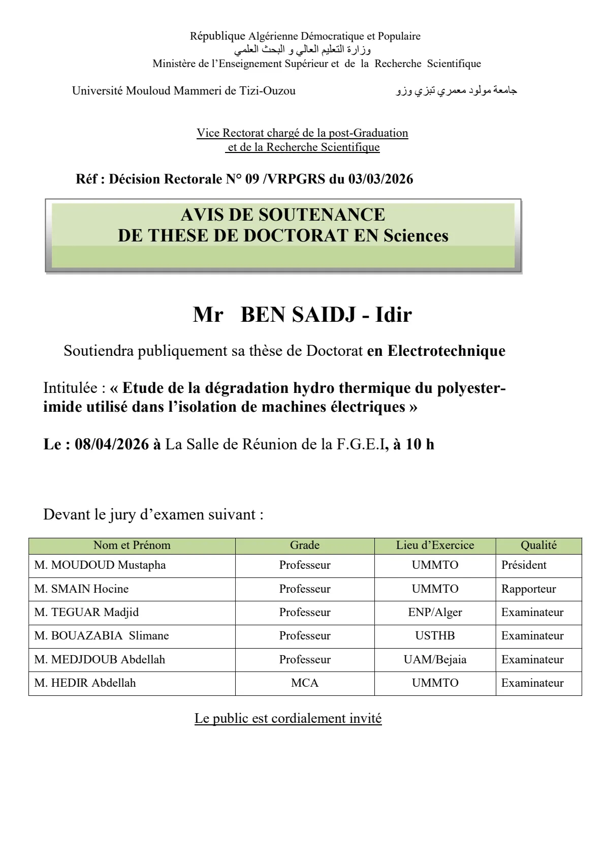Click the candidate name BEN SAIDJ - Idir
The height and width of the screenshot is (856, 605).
tap(326, 315)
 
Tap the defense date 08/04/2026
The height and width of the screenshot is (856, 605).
tap(112, 444)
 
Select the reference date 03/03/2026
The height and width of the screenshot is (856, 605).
tap(380, 179)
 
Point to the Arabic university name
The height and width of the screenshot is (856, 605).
tap(456, 90)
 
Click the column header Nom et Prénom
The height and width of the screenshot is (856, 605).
tap(132, 545)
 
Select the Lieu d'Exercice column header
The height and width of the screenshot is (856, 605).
tap(435, 545)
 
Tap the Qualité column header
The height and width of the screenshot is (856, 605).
tap(538, 545)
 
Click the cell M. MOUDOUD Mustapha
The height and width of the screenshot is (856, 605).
tap(100, 565)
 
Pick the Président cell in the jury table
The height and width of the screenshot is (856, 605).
tap(524, 565)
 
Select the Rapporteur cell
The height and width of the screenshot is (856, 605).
tap(528, 589)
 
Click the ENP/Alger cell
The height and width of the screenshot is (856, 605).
tap(435, 613)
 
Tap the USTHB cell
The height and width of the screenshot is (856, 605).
tap(435, 636)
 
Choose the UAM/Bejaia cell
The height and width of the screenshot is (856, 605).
tap(435, 660)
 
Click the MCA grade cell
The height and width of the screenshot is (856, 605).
tap(305, 683)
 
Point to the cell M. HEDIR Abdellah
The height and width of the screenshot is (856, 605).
tap(85, 683)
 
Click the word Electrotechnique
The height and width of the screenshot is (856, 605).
tap(446, 351)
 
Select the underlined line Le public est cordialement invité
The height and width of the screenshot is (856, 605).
tap(288, 718)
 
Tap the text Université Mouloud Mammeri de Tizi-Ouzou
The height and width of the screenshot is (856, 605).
tap(184, 90)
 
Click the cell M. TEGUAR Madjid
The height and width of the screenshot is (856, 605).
tap(86, 613)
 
